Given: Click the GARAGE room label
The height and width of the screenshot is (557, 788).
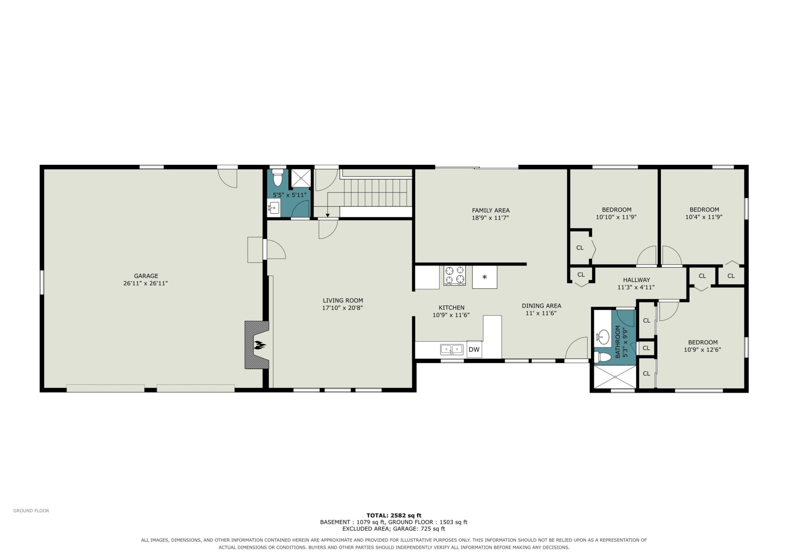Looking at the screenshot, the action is click(x=146, y=276).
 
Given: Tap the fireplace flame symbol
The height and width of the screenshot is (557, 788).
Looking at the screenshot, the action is click(x=259, y=345).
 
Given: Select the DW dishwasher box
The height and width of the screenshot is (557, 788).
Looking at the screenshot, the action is click(x=474, y=349).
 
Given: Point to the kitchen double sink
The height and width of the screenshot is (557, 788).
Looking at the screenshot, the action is click(x=452, y=350).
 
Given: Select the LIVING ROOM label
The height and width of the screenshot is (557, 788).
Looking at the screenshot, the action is click(x=343, y=300).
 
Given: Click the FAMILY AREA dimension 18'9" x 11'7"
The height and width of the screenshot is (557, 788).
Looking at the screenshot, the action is click(x=490, y=218).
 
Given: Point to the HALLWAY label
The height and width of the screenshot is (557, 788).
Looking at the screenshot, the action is click(x=636, y=280).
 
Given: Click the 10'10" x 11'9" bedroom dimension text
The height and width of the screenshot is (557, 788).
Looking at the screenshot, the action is click(x=617, y=217).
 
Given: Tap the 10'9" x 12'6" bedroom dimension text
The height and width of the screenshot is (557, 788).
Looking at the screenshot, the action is click(x=702, y=350).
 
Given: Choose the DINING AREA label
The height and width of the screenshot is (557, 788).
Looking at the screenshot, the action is click(x=541, y=306).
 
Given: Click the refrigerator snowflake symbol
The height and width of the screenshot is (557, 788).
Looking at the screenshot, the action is click(x=484, y=277).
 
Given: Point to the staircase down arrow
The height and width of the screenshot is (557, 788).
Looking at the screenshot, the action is click(x=328, y=205).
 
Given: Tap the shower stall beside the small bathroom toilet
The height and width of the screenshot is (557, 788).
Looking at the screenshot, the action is click(x=301, y=178).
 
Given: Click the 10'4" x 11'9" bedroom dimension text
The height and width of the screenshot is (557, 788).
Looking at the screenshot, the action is click(x=704, y=217).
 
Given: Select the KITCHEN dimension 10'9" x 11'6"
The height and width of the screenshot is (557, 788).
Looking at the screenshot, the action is click(x=451, y=315).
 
